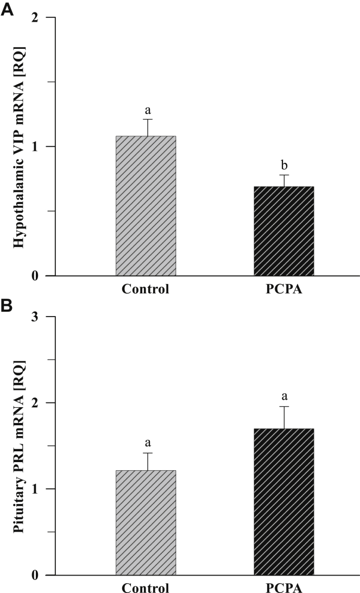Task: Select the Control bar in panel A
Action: (146, 206)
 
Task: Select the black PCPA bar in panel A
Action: (283, 231)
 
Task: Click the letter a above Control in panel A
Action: (146, 111)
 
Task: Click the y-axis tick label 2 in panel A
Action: (36, 18)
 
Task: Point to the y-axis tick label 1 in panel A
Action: (36, 147)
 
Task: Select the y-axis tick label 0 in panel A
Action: (36, 276)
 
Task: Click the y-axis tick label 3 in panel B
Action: (36, 317)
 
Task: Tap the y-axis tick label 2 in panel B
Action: (36, 403)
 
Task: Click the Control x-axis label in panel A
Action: (146, 289)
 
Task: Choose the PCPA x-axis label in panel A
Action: (283, 289)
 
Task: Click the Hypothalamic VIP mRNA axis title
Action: (18, 147)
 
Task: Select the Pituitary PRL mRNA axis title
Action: (18, 445)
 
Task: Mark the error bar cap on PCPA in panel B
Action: (283, 406)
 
